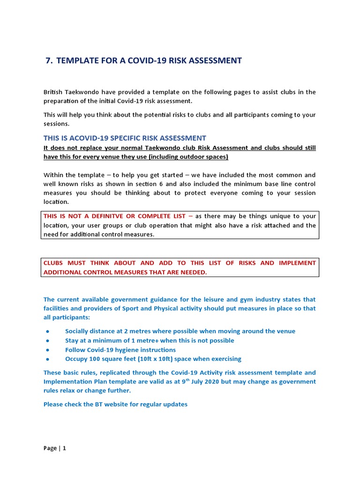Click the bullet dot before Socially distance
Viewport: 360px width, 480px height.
pos(48,331)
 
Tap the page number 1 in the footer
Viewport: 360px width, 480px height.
pos(64,448)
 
